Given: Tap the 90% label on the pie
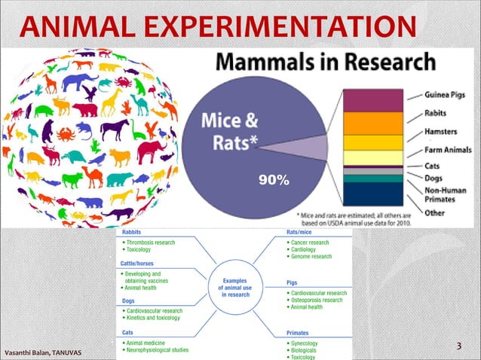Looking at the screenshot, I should click(x=272, y=181).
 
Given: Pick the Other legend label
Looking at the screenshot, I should click(x=434, y=213).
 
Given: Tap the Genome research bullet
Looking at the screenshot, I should click(x=311, y=257).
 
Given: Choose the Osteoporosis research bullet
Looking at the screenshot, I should click(x=317, y=300).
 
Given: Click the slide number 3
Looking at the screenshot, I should click(x=459, y=346).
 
